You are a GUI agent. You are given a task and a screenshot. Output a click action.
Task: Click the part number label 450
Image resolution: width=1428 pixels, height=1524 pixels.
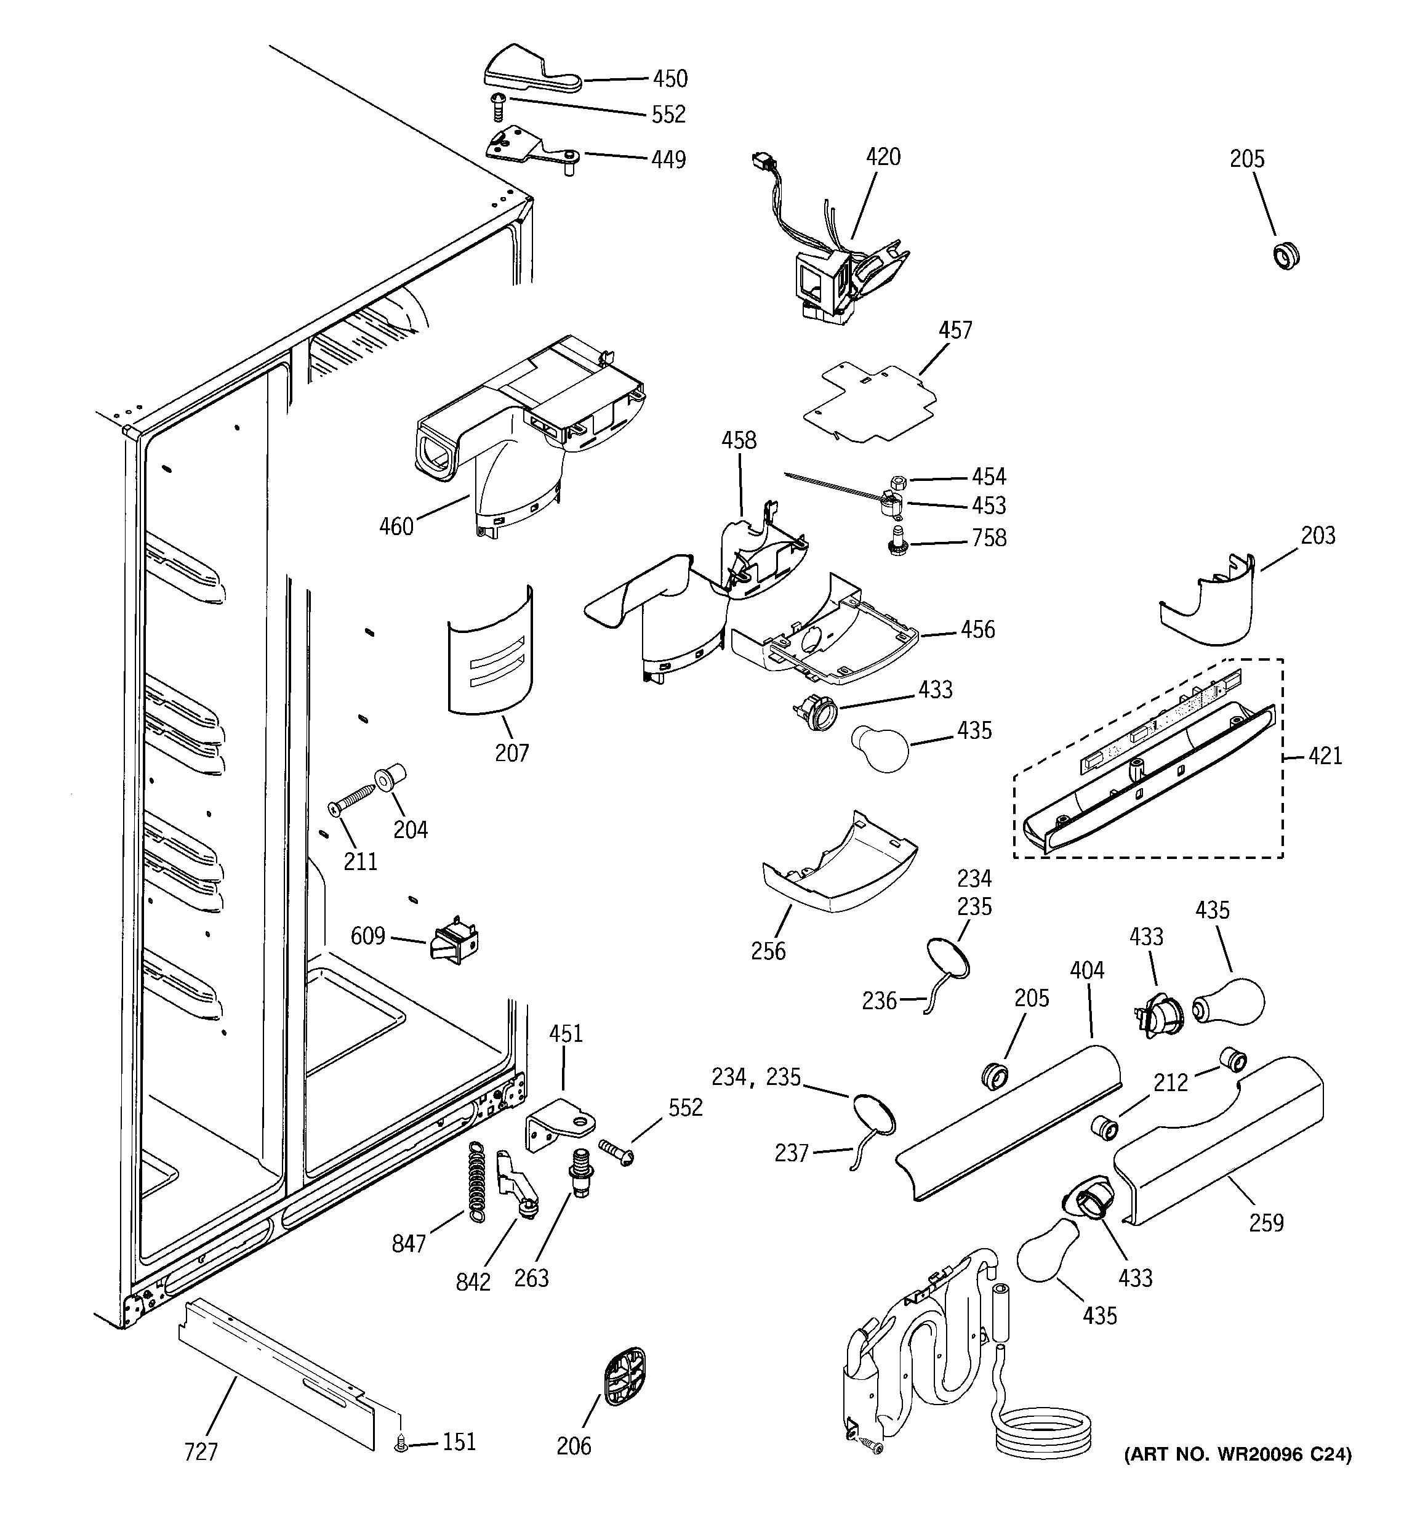[670, 78]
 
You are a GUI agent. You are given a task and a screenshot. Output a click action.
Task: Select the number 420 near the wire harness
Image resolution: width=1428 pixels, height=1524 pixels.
[883, 156]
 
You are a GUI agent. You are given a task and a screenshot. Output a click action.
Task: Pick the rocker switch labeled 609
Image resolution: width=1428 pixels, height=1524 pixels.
[455, 941]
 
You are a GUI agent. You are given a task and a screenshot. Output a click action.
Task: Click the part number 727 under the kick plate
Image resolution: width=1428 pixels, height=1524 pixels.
[201, 1451]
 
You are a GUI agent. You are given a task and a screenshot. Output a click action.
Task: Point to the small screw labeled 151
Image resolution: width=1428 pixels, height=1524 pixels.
[399, 1443]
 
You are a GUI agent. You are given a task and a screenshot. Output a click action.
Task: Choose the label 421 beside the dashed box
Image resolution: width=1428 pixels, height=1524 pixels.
[1325, 756]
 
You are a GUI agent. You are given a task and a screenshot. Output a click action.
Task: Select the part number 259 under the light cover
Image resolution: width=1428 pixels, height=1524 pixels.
[1266, 1222]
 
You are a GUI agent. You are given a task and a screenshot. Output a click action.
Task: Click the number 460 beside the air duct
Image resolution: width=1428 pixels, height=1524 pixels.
[396, 526]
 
